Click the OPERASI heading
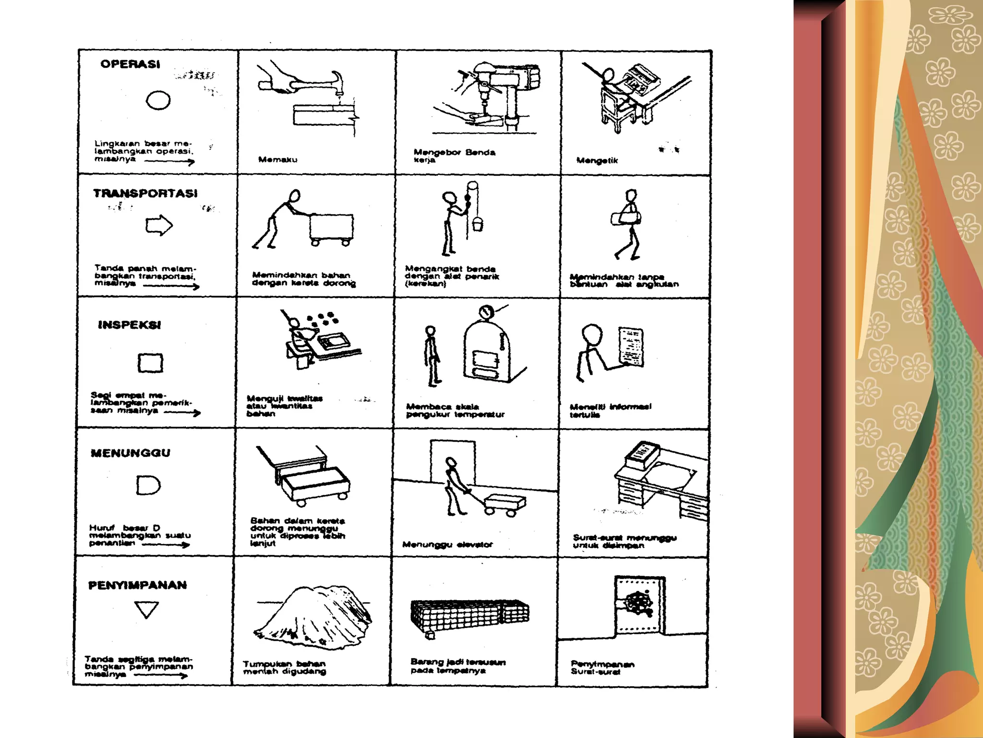tap(130, 64)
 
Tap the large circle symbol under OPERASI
tap(158, 101)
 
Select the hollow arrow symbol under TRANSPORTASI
tap(159, 225)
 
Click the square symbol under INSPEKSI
tap(150, 363)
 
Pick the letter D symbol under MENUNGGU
tap(148, 485)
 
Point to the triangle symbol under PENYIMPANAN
tap(146, 609)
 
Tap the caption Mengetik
tap(597, 160)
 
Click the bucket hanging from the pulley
tap(478, 224)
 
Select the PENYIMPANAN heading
tap(137, 585)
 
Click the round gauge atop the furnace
tap(486, 312)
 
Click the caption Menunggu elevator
tap(447, 544)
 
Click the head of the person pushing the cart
tap(294, 196)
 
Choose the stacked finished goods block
tap(469, 615)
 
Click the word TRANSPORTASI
tap(145, 194)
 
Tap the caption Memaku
tap(277, 160)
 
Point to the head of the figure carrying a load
tap(631, 195)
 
